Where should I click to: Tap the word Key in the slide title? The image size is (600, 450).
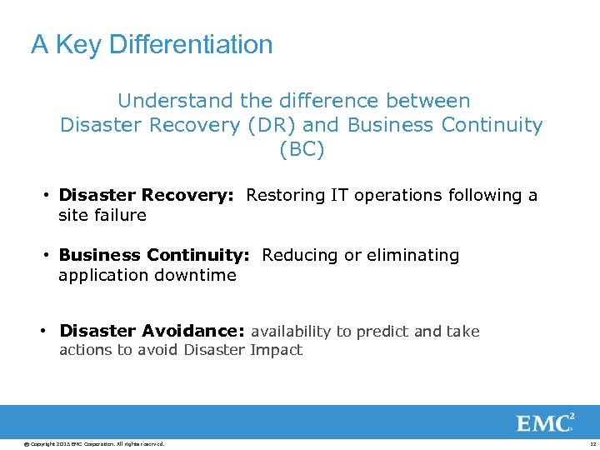click(78, 44)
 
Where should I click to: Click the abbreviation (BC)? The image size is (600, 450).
click(302, 150)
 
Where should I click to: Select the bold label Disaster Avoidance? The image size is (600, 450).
click(152, 331)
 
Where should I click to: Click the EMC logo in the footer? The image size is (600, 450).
click(546, 422)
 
